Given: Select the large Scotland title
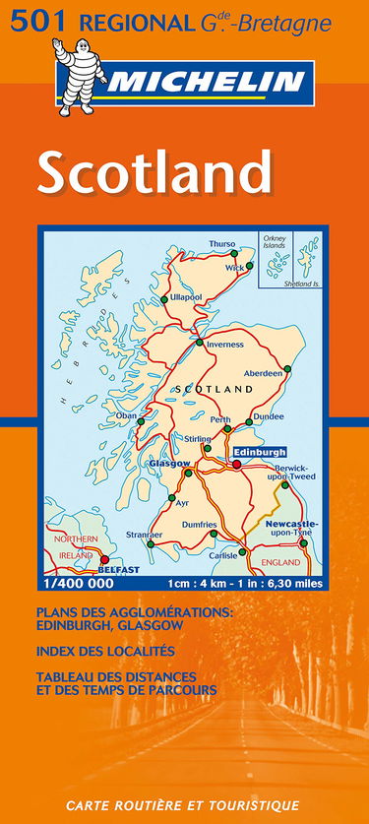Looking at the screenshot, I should coord(154,174).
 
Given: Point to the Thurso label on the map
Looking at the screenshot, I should coord(222,245).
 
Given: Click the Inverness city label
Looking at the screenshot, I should coord(224,345).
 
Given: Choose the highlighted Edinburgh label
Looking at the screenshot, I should coord(260,451).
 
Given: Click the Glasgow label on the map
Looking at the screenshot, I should coord(168,464).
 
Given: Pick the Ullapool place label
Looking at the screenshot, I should coord(185,296).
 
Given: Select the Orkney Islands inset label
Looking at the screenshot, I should coord(273,242).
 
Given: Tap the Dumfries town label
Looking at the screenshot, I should coord(200,525).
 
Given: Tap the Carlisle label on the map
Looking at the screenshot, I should coord(223,555).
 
